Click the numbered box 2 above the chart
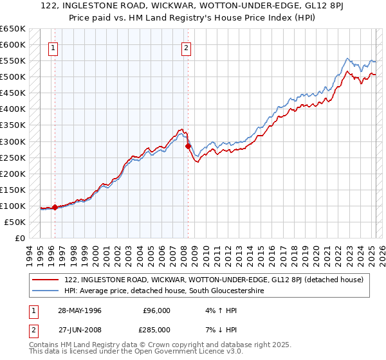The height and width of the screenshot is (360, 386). pyautogui.click(x=186, y=47)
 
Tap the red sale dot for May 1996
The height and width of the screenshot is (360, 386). pyautogui.click(x=55, y=207)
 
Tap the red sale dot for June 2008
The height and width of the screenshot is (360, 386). pyautogui.click(x=188, y=146)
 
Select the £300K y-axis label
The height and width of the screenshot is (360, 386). pyautogui.click(x=13, y=141)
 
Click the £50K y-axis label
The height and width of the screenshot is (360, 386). pyautogui.click(x=15, y=222)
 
